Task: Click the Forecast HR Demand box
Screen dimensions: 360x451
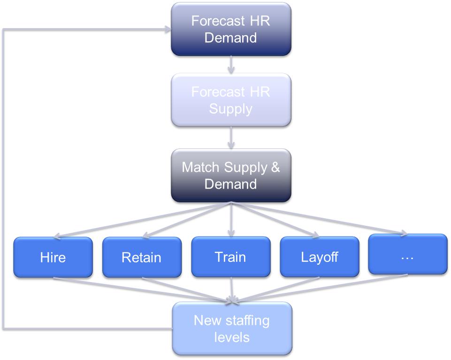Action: [230, 29]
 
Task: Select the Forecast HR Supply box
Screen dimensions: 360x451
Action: [230, 100]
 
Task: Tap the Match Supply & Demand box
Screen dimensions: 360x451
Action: [230, 176]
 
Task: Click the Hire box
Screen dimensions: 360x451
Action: [53, 257]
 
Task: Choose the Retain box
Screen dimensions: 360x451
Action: [141, 257]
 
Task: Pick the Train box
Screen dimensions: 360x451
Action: [230, 257]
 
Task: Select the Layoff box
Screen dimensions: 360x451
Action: [319, 257]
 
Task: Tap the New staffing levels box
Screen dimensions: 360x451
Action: [231, 329]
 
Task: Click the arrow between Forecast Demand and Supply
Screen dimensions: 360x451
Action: [230, 64]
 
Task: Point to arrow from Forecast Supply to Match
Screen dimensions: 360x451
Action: [230, 138]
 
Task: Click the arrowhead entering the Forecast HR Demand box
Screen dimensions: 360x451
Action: [167, 29]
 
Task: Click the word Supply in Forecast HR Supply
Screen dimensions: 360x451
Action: [230, 109]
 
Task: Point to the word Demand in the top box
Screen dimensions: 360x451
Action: [230, 37]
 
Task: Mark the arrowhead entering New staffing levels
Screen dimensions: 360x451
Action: [231, 299]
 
